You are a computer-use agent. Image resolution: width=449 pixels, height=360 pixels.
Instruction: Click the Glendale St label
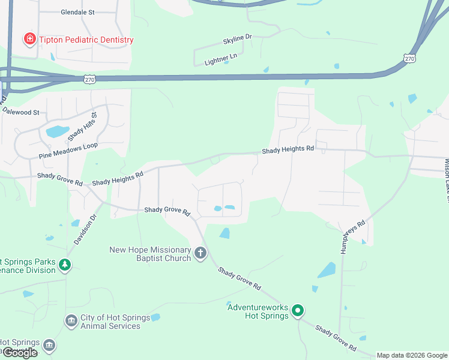[78, 11]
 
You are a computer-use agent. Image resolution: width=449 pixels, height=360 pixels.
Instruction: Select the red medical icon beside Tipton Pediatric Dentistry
[29, 40]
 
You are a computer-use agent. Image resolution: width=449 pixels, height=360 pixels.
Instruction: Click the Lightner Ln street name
[220, 60]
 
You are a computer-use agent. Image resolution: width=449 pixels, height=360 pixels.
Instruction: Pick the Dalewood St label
[20, 112]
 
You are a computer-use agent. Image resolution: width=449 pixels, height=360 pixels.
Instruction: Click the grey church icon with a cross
[200, 254]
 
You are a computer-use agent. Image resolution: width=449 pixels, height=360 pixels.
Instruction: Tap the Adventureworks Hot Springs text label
[258, 311]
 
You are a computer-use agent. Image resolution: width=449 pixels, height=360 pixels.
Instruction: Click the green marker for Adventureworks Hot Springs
[298, 311]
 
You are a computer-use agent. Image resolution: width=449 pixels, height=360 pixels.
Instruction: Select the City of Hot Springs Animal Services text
[110, 322]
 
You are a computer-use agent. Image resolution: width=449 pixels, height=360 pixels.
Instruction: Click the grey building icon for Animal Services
[71, 322]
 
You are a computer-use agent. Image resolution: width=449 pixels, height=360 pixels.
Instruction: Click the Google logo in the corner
[20, 353]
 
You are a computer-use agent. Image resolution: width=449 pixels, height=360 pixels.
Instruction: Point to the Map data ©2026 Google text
[412, 355]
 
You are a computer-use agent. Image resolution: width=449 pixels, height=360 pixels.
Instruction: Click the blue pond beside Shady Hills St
[57, 131]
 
